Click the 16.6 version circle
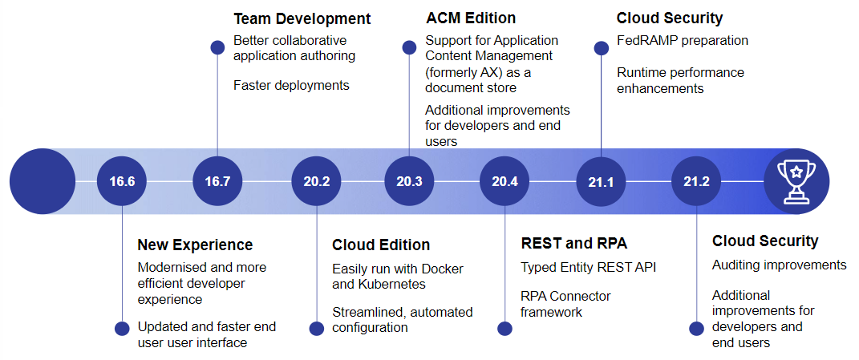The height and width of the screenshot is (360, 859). point(122,181)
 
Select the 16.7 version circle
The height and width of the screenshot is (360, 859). point(218,181)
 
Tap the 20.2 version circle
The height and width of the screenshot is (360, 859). point(317,181)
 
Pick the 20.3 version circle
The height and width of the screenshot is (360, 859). point(409,181)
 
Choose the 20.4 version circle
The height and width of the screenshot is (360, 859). point(504,181)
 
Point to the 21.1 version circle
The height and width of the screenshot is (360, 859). point(601,181)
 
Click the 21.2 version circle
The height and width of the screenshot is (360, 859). point(696,181)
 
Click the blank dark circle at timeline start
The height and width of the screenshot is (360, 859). point(43,181)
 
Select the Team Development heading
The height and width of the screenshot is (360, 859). point(302,19)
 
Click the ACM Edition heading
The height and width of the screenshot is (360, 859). point(471,18)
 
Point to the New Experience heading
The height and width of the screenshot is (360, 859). point(195,245)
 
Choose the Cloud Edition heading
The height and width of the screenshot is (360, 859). point(381,245)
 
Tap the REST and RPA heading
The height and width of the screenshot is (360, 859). point(573,243)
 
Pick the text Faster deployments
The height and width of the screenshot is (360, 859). point(291,86)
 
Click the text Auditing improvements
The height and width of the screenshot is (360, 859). point(780,265)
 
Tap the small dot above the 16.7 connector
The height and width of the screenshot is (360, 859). point(217,47)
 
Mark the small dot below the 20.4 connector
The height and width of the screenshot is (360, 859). point(504,328)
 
